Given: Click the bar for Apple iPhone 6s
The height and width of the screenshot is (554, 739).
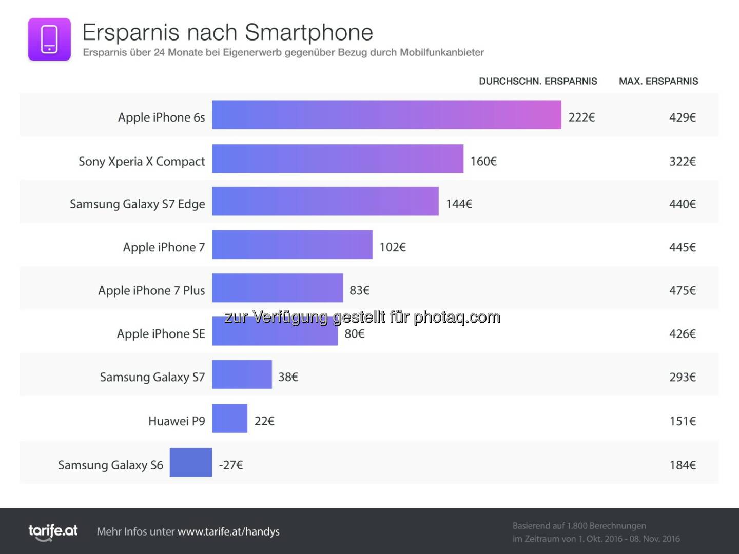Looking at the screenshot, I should [386, 115].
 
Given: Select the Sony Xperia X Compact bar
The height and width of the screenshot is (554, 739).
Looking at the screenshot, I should [338, 159].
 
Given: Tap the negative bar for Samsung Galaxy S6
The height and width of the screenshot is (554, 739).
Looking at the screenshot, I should [191, 462].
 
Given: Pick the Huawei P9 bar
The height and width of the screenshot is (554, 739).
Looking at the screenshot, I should [229, 419].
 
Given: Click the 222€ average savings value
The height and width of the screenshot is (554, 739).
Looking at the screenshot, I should [581, 117].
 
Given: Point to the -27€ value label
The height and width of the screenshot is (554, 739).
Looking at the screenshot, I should [231, 465].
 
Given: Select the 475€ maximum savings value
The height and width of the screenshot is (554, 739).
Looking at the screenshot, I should [682, 291].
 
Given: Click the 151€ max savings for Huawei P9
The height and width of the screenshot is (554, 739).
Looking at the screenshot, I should [682, 421].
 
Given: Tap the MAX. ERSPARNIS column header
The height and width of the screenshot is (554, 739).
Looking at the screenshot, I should [658, 81].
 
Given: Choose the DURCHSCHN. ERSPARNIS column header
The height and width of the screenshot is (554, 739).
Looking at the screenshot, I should [538, 81].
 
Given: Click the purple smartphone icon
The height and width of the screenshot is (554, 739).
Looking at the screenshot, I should [49, 39].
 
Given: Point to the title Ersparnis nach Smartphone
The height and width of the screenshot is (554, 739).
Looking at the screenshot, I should [227, 32].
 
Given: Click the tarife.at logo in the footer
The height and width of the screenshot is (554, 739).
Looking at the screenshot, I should [53, 531].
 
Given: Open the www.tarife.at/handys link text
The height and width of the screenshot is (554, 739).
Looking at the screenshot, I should [228, 532].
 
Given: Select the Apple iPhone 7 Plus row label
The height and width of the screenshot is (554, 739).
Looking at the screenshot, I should [151, 291].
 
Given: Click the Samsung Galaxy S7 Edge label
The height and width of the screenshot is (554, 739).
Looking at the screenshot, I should [137, 204].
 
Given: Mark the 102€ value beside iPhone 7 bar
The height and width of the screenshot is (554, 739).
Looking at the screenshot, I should [393, 247].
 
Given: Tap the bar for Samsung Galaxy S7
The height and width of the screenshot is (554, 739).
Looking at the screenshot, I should [242, 374].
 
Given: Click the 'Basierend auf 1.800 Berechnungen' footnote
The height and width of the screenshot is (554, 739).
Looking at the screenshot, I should [579, 526].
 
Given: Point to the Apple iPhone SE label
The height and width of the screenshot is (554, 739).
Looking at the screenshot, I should [161, 334].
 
